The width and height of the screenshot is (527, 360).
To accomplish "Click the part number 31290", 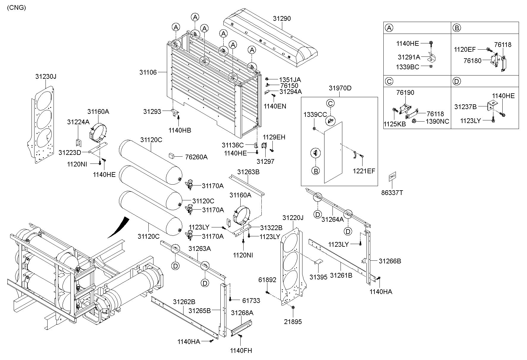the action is (x=282, y=18).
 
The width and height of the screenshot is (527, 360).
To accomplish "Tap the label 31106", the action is (x=148, y=72).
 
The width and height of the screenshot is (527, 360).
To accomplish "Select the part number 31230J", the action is (x=46, y=76).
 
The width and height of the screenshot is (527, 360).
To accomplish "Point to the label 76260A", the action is (x=196, y=157).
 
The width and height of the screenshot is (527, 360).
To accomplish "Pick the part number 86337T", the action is (x=392, y=193).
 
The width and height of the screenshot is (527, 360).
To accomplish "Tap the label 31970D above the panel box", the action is (x=340, y=88).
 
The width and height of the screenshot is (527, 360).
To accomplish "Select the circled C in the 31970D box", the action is (x=330, y=103).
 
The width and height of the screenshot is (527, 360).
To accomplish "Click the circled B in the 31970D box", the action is (x=316, y=171).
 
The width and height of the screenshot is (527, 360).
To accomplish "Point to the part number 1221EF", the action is (x=364, y=171).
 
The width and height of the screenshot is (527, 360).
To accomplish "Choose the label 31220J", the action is (x=293, y=218).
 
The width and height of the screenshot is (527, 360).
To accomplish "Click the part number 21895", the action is (x=293, y=322).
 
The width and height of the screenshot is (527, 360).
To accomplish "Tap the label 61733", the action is (x=251, y=301).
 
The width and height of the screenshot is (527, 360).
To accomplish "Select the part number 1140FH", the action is (x=241, y=350).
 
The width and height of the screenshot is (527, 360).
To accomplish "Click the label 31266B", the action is (x=390, y=261).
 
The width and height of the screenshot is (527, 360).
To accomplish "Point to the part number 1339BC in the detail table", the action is (x=407, y=67).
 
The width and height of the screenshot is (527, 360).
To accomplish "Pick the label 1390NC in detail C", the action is (x=437, y=121).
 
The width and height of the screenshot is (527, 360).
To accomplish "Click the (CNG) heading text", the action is (x=16, y=8).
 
